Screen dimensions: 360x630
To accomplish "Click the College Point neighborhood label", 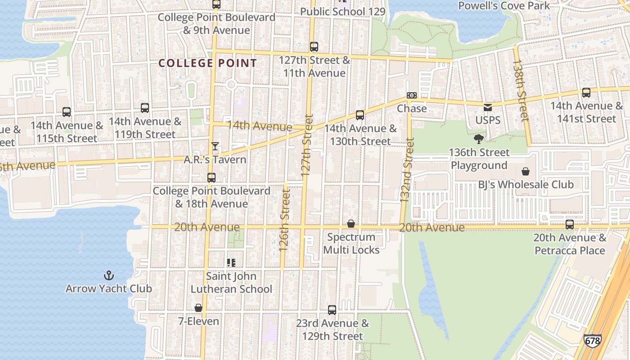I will coord(207,63).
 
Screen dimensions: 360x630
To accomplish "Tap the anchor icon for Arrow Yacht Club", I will coord(108,275).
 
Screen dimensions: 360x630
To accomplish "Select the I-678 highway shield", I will coord(592,341).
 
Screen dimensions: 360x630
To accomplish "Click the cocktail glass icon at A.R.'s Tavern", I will coord(215,146).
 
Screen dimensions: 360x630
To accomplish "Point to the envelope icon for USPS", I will coord(488,108).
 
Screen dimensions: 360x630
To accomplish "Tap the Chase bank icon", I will coord(411,95).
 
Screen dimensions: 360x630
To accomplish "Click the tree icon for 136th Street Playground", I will coord(479,139).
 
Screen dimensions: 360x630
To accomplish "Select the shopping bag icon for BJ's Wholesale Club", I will coord(525,171).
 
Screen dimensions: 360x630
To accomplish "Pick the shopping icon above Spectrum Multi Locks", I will coord(351,224).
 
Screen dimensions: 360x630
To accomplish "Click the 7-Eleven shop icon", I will coord(198,308).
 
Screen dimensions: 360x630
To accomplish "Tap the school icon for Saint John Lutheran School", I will coord(231,263).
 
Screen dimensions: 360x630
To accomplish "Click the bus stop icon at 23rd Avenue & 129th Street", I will coord(332,310).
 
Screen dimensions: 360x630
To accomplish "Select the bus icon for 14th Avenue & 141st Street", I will coord(586,93).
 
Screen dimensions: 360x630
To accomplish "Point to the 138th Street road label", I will coord(521,90).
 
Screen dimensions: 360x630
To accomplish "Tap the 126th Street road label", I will coord(283,220).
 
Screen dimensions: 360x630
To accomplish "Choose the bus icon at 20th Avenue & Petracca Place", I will coord(570,224).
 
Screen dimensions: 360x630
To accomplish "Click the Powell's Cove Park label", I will coord(504,6).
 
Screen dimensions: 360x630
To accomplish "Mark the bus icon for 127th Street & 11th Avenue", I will coord(314,47).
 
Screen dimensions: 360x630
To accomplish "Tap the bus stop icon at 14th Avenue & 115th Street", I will coord(67,112).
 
